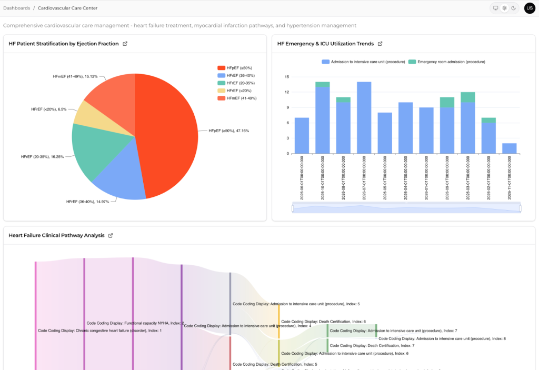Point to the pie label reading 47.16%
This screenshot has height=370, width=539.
[228, 131]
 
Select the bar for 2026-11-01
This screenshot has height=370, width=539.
[509, 148]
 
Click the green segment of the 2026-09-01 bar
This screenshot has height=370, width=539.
[447, 102]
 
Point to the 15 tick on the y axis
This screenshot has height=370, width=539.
[287, 77]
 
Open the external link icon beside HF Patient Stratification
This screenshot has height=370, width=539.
[125, 44]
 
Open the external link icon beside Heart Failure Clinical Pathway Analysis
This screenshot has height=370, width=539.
[111, 235]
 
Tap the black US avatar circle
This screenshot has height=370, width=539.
[530, 8]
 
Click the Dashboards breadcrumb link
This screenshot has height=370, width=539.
[16, 8]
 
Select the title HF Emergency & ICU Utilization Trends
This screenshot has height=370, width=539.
[325, 44]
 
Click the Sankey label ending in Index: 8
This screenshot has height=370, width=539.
[442, 338]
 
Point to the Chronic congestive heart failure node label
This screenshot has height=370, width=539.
[99, 331]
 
